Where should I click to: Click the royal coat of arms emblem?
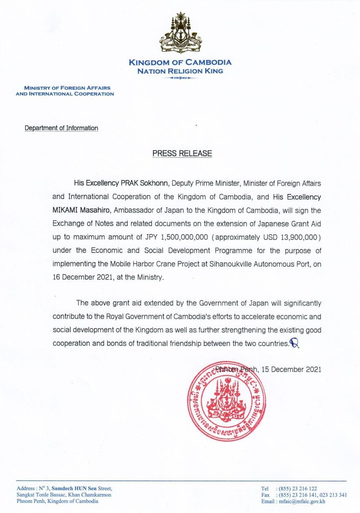click(180, 34)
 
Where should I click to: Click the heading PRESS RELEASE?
click(182, 153)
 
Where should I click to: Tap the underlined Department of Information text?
click(61, 128)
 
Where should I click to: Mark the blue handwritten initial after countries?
click(295, 343)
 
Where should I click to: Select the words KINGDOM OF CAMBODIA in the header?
click(180, 63)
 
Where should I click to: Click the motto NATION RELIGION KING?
click(180, 71)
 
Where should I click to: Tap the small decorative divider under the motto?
click(180, 78)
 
